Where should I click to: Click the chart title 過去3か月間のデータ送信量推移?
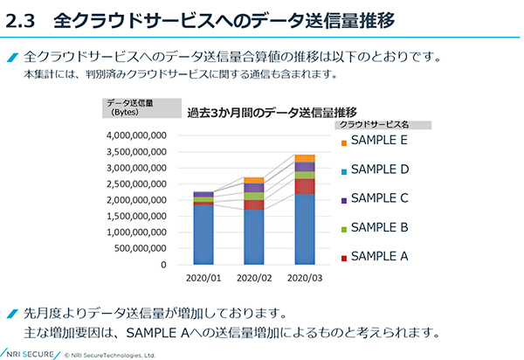pyautogui.click(x=272, y=112)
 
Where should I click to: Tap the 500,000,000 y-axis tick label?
pyautogui.click(x=143, y=248)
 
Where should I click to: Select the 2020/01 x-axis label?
pyautogui.click(x=203, y=278)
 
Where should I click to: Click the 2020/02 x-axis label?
pyautogui.click(x=253, y=278)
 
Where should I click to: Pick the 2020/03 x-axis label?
pyautogui.click(x=304, y=278)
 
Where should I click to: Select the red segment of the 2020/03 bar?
pyautogui.click(x=305, y=186)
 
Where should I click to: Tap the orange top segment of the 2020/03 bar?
pyautogui.click(x=305, y=158)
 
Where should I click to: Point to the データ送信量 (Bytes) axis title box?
pyautogui.click(x=129, y=107)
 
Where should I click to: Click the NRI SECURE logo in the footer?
pyautogui.click(x=28, y=353)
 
